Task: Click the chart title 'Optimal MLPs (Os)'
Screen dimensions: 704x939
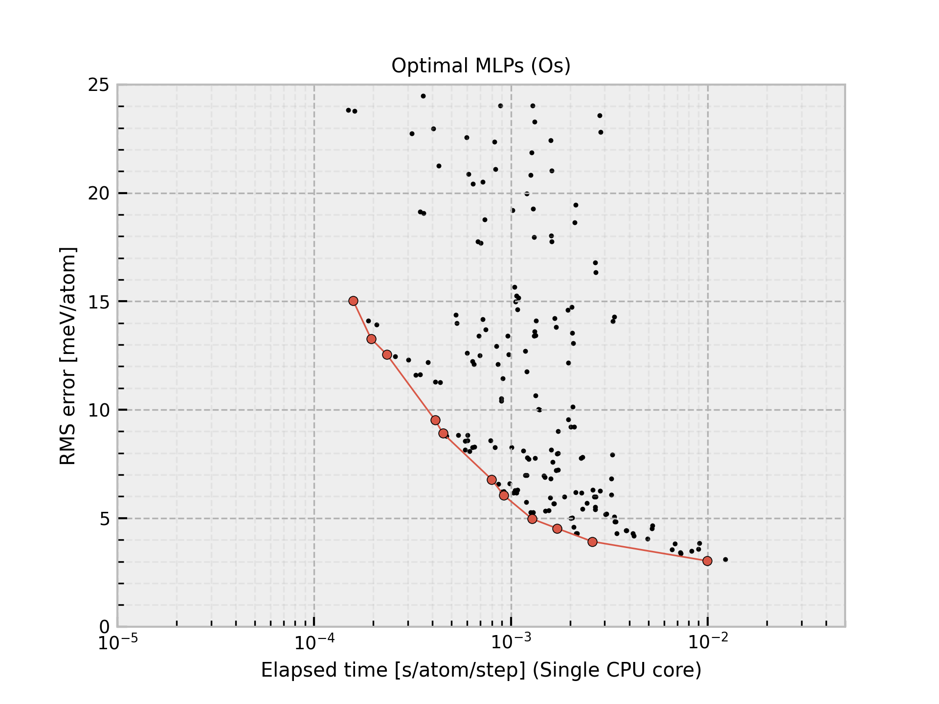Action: click(481, 66)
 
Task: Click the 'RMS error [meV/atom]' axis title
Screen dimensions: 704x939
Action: click(68, 356)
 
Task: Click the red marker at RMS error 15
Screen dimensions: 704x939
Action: click(353, 301)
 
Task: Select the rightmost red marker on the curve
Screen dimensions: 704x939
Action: click(707, 561)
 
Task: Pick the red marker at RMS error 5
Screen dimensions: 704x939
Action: click(532, 519)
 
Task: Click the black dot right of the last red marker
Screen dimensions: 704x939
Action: click(725, 559)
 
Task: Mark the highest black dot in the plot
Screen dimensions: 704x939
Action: click(423, 96)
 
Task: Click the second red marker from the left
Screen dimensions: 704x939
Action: click(371, 339)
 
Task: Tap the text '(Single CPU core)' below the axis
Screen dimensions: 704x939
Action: click(617, 670)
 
